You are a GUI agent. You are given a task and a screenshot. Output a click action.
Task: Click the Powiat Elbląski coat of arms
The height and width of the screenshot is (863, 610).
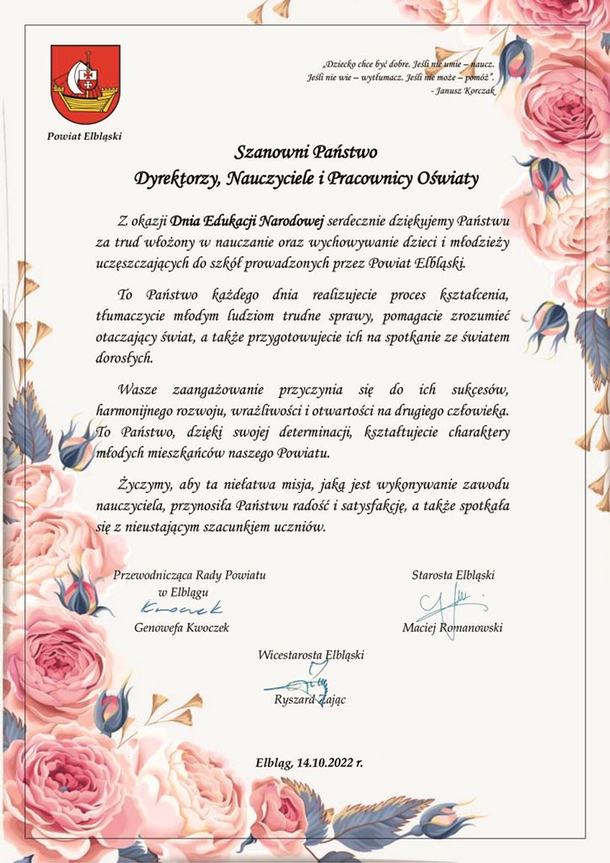[x=85, y=85]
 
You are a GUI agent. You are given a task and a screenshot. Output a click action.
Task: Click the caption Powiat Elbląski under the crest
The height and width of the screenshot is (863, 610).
[x=85, y=137]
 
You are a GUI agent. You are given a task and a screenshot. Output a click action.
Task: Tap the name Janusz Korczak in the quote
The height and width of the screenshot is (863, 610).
[x=464, y=89]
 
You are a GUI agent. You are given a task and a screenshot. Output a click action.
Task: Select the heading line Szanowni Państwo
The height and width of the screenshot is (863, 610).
[x=306, y=153]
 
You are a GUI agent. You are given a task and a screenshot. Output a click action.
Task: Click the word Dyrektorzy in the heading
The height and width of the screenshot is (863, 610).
[x=174, y=178]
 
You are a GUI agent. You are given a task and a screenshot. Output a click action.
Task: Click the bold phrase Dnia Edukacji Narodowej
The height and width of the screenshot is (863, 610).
[x=247, y=222]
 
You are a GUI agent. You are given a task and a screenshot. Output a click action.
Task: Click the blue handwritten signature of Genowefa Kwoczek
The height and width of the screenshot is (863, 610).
[x=182, y=608]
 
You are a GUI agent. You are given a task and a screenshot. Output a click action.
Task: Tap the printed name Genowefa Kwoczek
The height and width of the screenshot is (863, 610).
[x=181, y=628]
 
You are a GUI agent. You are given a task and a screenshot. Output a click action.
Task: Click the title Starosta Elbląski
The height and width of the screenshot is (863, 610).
[x=452, y=575]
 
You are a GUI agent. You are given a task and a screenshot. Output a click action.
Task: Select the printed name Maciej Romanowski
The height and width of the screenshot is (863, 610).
[x=453, y=628]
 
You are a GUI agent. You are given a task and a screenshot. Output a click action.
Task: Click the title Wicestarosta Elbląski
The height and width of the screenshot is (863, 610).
[x=311, y=654]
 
